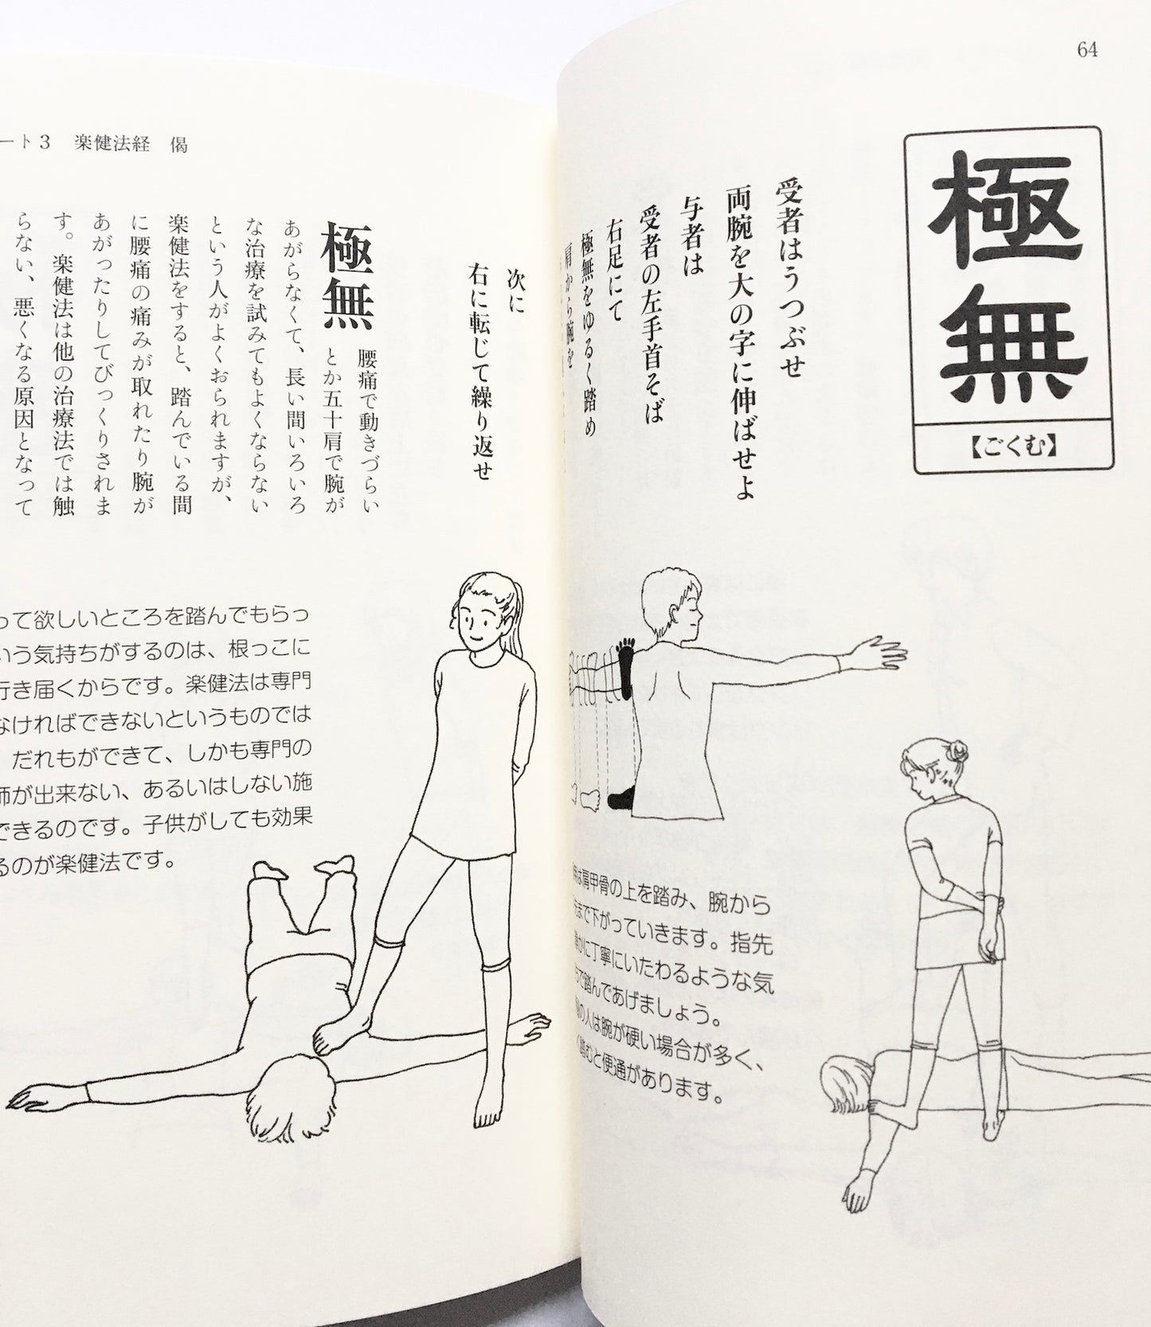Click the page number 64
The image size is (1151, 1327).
1086,49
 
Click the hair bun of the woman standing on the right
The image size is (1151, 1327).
959,750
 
